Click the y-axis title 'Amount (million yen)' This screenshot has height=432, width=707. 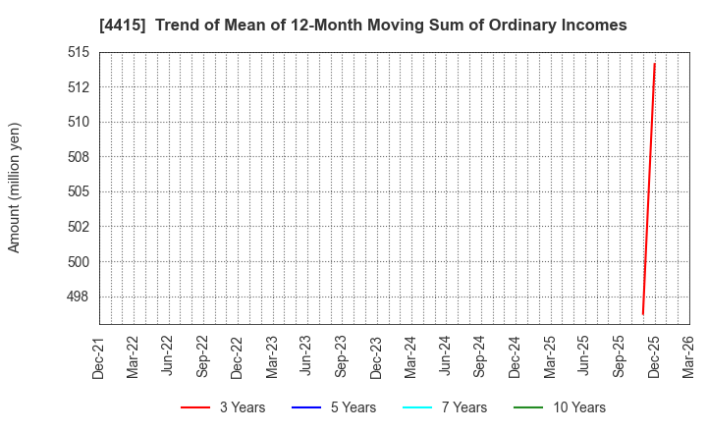[x=15, y=188]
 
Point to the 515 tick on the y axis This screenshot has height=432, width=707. [x=79, y=52]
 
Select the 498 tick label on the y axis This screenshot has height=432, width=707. [x=79, y=297]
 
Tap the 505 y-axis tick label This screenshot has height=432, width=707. [x=79, y=191]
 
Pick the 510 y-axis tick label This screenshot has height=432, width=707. [x=79, y=122]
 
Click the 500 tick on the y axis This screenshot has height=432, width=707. [x=79, y=261]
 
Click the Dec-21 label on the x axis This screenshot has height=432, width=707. [x=99, y=357]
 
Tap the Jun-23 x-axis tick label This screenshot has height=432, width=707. [x=306, y=357]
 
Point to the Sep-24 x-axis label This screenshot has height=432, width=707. [x=480, y=357]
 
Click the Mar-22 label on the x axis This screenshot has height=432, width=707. [x=134, y=357]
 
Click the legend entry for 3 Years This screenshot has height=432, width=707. [x=223, y=407]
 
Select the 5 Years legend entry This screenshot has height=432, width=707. [x=334, y=407]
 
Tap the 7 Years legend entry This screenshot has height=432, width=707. [x=445, y=407]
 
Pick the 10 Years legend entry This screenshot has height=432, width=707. [x=559, y=407]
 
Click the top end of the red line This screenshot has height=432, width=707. [x=654, y=64]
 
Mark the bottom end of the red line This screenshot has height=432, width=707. [x=642, y=314]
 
